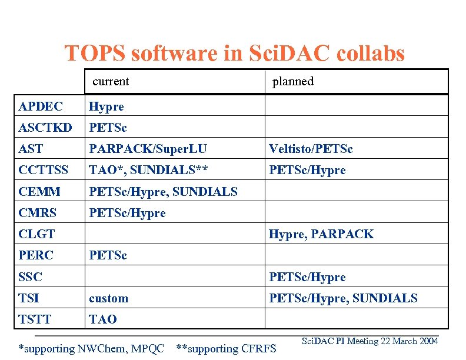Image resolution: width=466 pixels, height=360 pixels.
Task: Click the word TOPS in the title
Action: [x=95, y=54]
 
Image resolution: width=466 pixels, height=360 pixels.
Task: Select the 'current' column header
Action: [x=111, y=81]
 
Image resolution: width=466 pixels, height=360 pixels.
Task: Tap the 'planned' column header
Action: [x=292, y=81]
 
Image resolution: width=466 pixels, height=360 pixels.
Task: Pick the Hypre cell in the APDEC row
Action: [x=106, y=106]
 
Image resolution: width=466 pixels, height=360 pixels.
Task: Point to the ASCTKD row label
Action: [x=45, y=128]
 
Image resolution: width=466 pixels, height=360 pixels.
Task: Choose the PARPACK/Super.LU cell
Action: [x=148, y=149]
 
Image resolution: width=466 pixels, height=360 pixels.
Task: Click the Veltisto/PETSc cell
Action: [x=311, y=149]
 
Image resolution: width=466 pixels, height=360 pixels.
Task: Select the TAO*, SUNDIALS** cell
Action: [x=148, y=170]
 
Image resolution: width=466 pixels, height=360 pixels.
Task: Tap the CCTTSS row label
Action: [x=44, y=170]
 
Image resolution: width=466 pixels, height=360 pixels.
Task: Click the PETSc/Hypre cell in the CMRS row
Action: [x=127, y=212]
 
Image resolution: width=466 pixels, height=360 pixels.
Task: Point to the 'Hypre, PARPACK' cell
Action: [x=321, y=234]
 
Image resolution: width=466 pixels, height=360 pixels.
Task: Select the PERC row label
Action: [x=36, y=255]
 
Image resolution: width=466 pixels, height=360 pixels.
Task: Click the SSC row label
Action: [x=31, y=276]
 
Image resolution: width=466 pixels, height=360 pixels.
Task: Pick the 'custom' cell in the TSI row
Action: [x=108, y=298]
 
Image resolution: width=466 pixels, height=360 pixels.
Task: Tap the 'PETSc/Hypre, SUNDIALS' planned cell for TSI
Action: [x=343, y=298]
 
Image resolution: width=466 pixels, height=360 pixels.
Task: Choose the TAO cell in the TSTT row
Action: [x=103, y=319]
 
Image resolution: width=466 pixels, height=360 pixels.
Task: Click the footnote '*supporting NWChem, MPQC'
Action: [x=91, y=348]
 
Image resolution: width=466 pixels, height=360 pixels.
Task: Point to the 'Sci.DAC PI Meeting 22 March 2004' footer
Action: [x=370, y=341]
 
